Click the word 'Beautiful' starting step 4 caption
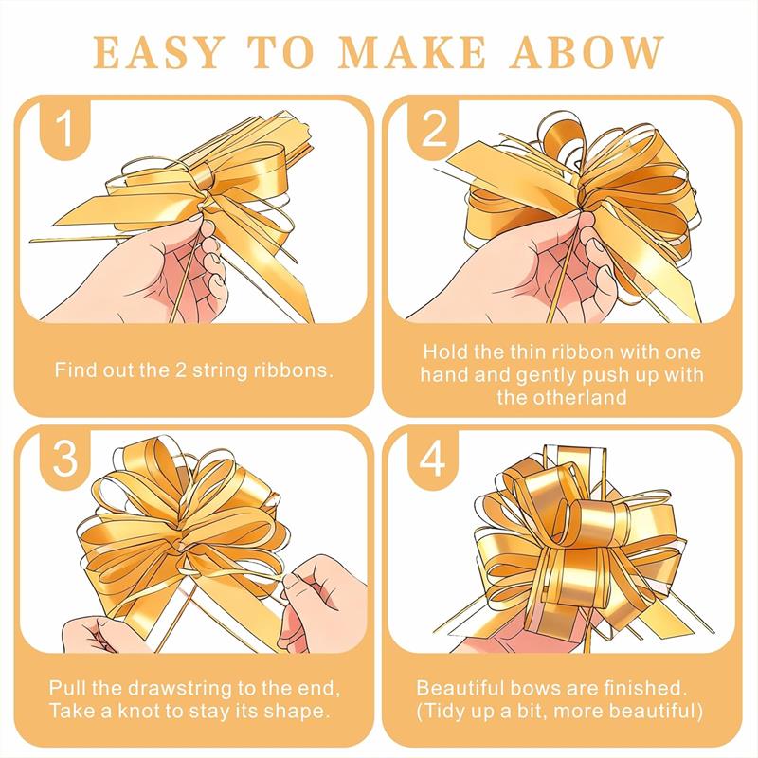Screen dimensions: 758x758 (x=460, y=687)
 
